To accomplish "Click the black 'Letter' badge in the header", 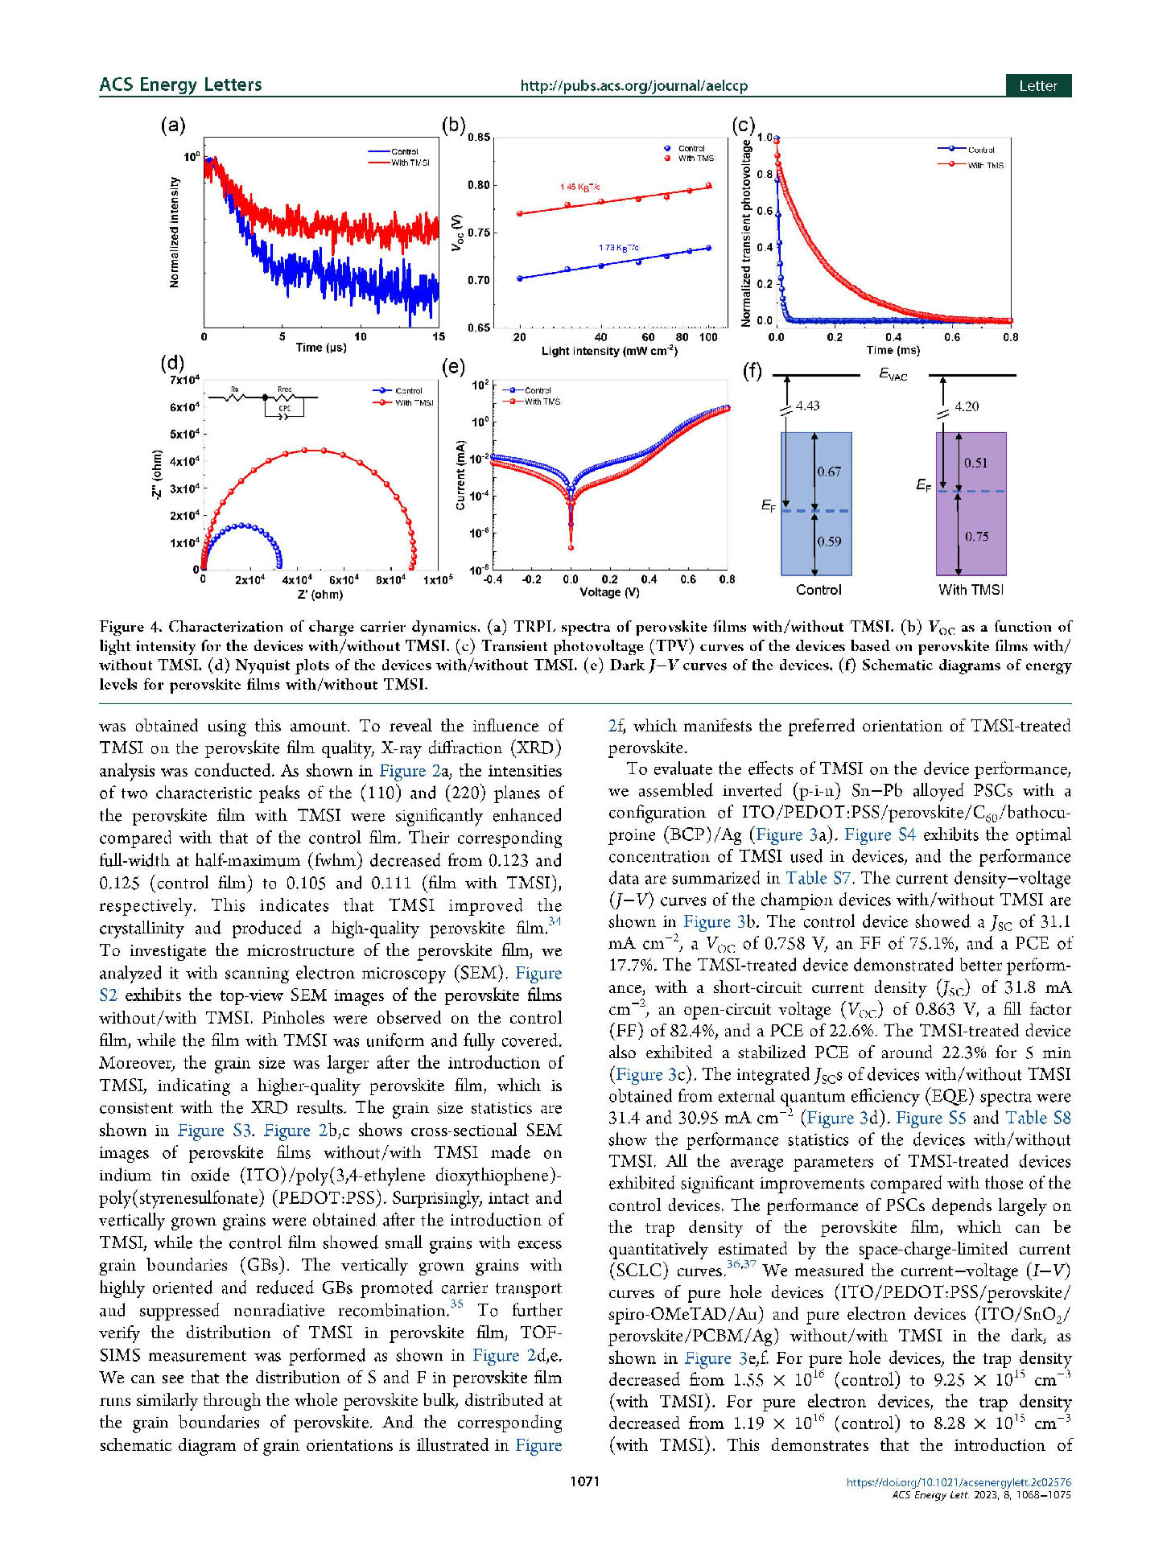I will click(x=1037, y=86).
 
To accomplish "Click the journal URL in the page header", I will click(x=633, y=86).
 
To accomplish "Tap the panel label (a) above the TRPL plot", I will click(x=173, y=126).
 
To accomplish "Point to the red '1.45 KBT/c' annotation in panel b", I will click(x=580, y=187).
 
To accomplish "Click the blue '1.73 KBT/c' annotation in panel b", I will click(x=618, y=248).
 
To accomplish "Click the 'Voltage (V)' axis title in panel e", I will click(x=609, y=592).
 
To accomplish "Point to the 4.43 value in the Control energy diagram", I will click(x=807, y=406).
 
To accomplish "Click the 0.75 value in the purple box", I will click(x=976, y=537).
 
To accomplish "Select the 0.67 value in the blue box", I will click(x=829, y=472).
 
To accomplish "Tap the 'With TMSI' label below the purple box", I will click(x=971, y=590).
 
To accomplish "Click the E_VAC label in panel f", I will click(x=893, y=375).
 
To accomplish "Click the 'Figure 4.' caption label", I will click(x=130, y=627).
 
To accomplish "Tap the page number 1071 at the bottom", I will click(x=585, y=1481).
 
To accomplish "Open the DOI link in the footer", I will click(x=958, y=1482).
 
